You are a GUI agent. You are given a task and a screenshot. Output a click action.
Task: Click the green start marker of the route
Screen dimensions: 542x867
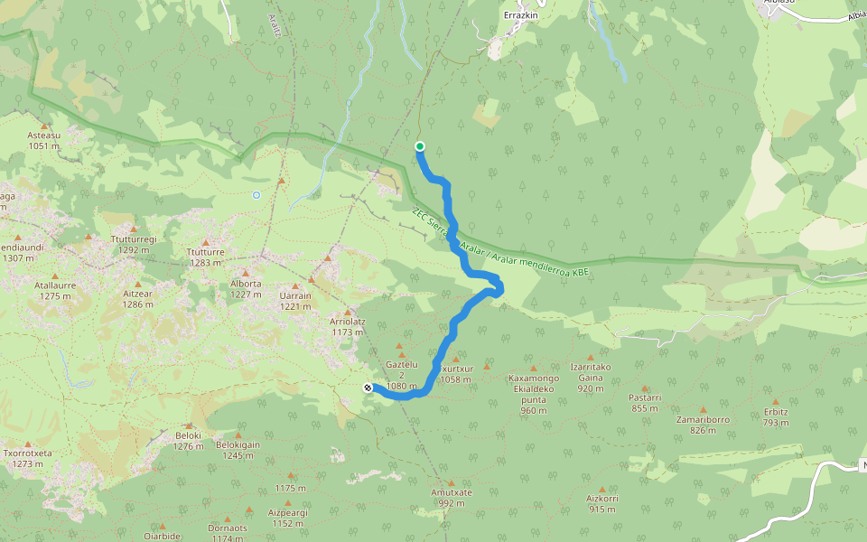(420, 146)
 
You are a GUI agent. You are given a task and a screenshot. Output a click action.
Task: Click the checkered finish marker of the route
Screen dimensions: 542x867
(368, 388)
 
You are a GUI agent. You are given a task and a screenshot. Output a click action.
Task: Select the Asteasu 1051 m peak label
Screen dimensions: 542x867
(43, 140)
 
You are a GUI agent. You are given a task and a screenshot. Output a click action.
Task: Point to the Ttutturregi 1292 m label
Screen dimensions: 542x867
(134, 244)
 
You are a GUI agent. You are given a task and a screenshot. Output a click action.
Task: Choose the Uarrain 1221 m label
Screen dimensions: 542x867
(295, 301)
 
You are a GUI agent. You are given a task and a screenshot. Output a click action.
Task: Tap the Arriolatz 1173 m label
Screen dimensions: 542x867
(347, 326)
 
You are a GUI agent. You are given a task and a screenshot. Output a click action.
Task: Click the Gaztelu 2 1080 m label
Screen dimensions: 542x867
(401, 375)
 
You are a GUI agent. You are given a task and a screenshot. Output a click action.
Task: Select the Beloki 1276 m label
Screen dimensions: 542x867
(188, 440)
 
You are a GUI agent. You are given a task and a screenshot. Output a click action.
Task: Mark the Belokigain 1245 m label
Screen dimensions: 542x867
(238, 450)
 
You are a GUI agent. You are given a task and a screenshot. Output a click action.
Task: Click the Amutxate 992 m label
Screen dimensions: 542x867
(452, 498)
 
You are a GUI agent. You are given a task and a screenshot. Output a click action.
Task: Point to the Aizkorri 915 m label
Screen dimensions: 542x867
(601, 503)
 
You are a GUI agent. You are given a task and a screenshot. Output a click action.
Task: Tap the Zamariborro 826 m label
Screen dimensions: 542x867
(702, 425)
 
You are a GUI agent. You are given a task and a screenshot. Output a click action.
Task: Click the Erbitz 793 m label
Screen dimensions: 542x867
(776, 416)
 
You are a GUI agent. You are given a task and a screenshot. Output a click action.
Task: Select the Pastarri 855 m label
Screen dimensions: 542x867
(646, 402)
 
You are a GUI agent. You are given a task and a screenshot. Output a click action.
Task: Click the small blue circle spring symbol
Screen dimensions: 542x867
(256, 194)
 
